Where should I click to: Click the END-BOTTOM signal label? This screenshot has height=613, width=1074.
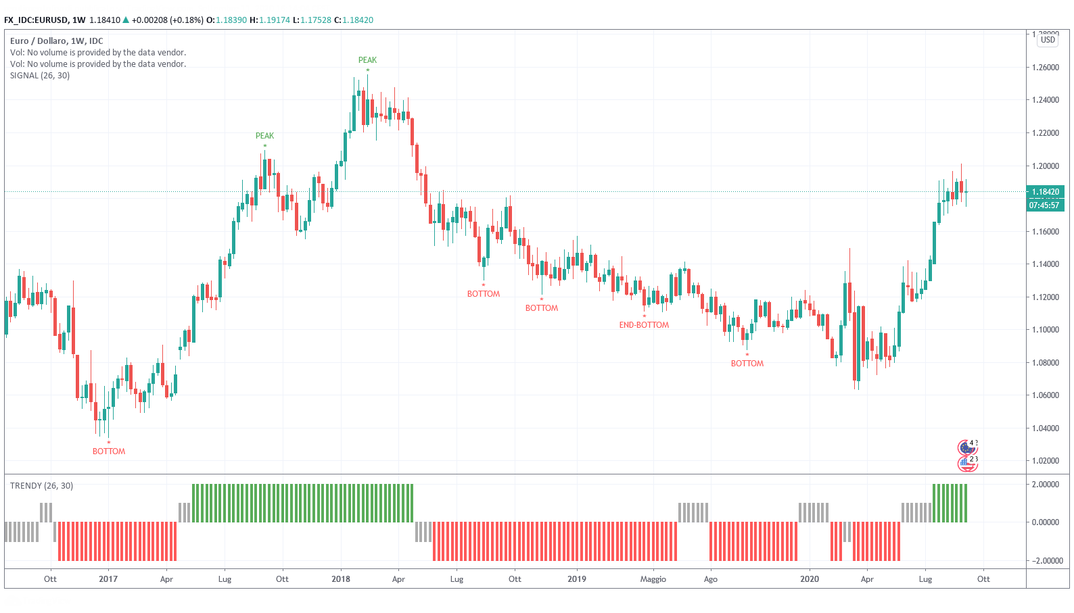644,325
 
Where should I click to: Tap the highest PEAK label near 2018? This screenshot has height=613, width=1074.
367,60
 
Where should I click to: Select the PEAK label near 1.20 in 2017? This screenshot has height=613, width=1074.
264,136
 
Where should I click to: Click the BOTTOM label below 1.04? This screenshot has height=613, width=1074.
109,451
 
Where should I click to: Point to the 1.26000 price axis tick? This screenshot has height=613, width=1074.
1045,68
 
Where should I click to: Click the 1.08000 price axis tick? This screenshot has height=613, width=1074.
1045,363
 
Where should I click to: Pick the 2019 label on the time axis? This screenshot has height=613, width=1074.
577,579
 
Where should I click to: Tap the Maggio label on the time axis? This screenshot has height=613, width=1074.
653,579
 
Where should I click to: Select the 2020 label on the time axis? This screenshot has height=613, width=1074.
810,579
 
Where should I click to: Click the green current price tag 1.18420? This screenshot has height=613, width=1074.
1045,192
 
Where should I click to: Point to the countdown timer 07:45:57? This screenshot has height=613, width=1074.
1044,205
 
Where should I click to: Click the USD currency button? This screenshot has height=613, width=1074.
1048,40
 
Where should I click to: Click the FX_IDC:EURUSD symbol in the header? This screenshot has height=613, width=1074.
35,20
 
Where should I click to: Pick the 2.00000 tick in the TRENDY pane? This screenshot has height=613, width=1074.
1045,485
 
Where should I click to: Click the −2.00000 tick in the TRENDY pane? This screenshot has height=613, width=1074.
1045,560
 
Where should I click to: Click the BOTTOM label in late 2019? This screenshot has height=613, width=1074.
747,364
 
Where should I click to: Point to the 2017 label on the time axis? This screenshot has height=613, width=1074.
108,579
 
